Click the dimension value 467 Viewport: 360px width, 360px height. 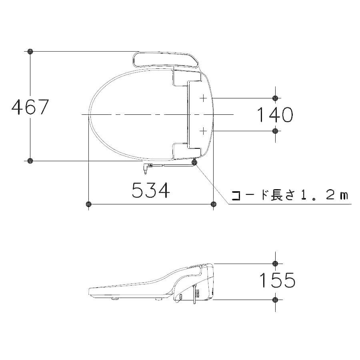[x=30, y=107]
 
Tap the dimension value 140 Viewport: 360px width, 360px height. [x=274, y=115]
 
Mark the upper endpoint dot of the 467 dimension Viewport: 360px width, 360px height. [x=30, y=52]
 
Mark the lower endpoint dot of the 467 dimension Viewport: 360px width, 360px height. [x=30, y=161]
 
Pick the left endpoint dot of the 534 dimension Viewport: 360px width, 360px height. [x=88, y=204]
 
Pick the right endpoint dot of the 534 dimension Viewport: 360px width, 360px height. [x=213, y=204]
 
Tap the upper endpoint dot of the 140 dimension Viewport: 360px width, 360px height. [x=275, y=98]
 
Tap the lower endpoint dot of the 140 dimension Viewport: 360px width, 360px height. [x=275, y=131]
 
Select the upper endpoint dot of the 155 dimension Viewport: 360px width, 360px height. [x=275, y=263]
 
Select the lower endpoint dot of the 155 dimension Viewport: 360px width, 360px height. [x=275, y=300]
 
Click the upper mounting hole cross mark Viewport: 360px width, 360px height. [x=203, y=98]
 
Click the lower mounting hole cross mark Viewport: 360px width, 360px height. [x=203, y=130]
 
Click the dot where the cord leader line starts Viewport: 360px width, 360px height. [x=195, y=162]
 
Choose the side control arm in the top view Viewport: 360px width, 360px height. [x=166, y=60]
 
